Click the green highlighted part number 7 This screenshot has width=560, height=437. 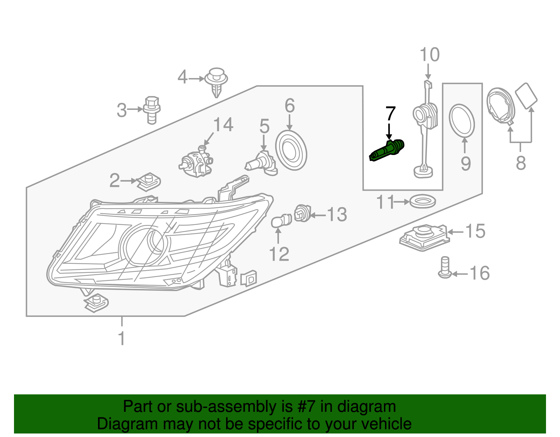click(x=387, y=150)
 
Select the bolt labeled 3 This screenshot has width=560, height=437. click(x=152, y=110)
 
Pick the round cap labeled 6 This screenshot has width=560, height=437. click(x=291, y=150)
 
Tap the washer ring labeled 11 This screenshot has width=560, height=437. click(x=422, y=202)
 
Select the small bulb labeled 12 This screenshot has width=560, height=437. click(x=281, y=221)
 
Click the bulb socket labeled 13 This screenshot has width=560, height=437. click(x=302, y=213)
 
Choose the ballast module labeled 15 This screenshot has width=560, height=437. click(x=425, y=237)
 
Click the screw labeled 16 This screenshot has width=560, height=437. click(x=444, y=268)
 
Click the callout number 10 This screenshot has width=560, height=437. click(x=429, y=55)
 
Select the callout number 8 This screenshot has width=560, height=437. click(x=521, y=163)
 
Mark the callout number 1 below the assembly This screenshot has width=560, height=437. click(x=121, y=338)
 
